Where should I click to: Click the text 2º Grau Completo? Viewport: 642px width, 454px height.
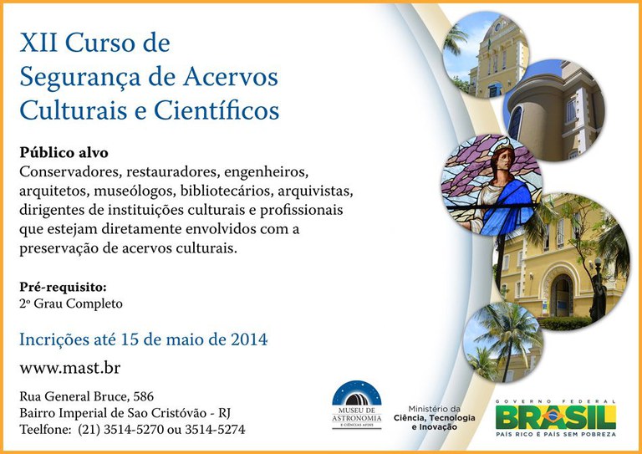[x=71, y=304]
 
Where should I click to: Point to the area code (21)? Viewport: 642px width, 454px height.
[x=91, y=430]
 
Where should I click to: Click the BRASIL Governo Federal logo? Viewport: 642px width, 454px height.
[x=555, y=416]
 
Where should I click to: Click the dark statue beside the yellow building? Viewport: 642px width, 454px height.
[x=596, y=288]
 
